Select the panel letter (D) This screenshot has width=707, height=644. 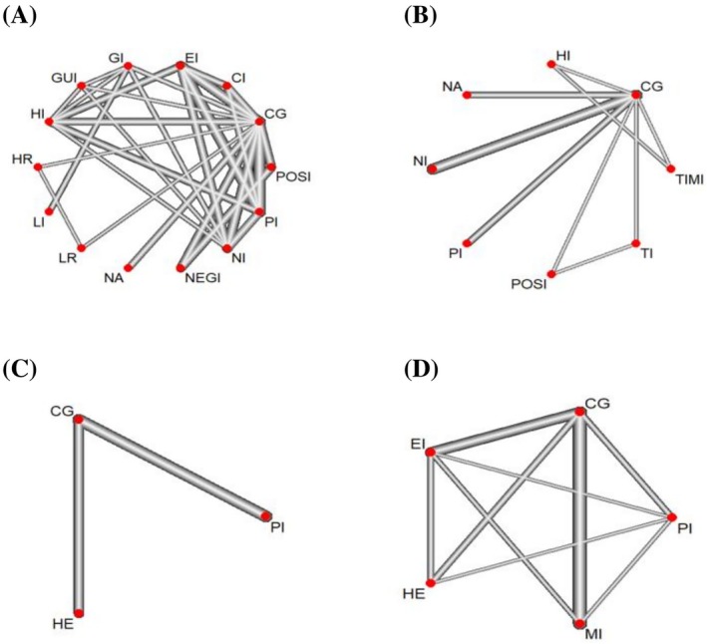[x=421, y=370]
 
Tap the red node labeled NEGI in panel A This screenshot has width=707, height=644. [x=180, y=268]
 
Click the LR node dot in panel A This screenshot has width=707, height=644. [x=82, y=248]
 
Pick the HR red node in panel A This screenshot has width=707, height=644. [x=38, y=167]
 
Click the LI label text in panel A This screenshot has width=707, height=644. [x=39, y=222]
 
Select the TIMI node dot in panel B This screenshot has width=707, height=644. [x=671, y=168]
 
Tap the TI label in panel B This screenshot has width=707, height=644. [x=647, y=254]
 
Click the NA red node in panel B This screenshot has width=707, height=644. [x=468, y=95]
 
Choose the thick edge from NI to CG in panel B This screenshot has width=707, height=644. [x=534, y=132]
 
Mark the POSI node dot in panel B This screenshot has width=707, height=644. [x=550, y=274]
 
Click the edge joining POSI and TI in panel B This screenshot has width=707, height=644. [x=593, y=258]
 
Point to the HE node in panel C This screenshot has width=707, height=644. [x=80, y=613]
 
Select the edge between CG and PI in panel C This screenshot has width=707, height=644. [x=173, y=468]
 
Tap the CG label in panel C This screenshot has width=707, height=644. [x=62, y=412]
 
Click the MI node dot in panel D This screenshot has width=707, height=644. [x=579, y=624]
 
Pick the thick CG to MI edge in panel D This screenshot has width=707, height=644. [x=579, y=517]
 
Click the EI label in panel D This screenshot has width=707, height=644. [x=418, y=445]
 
